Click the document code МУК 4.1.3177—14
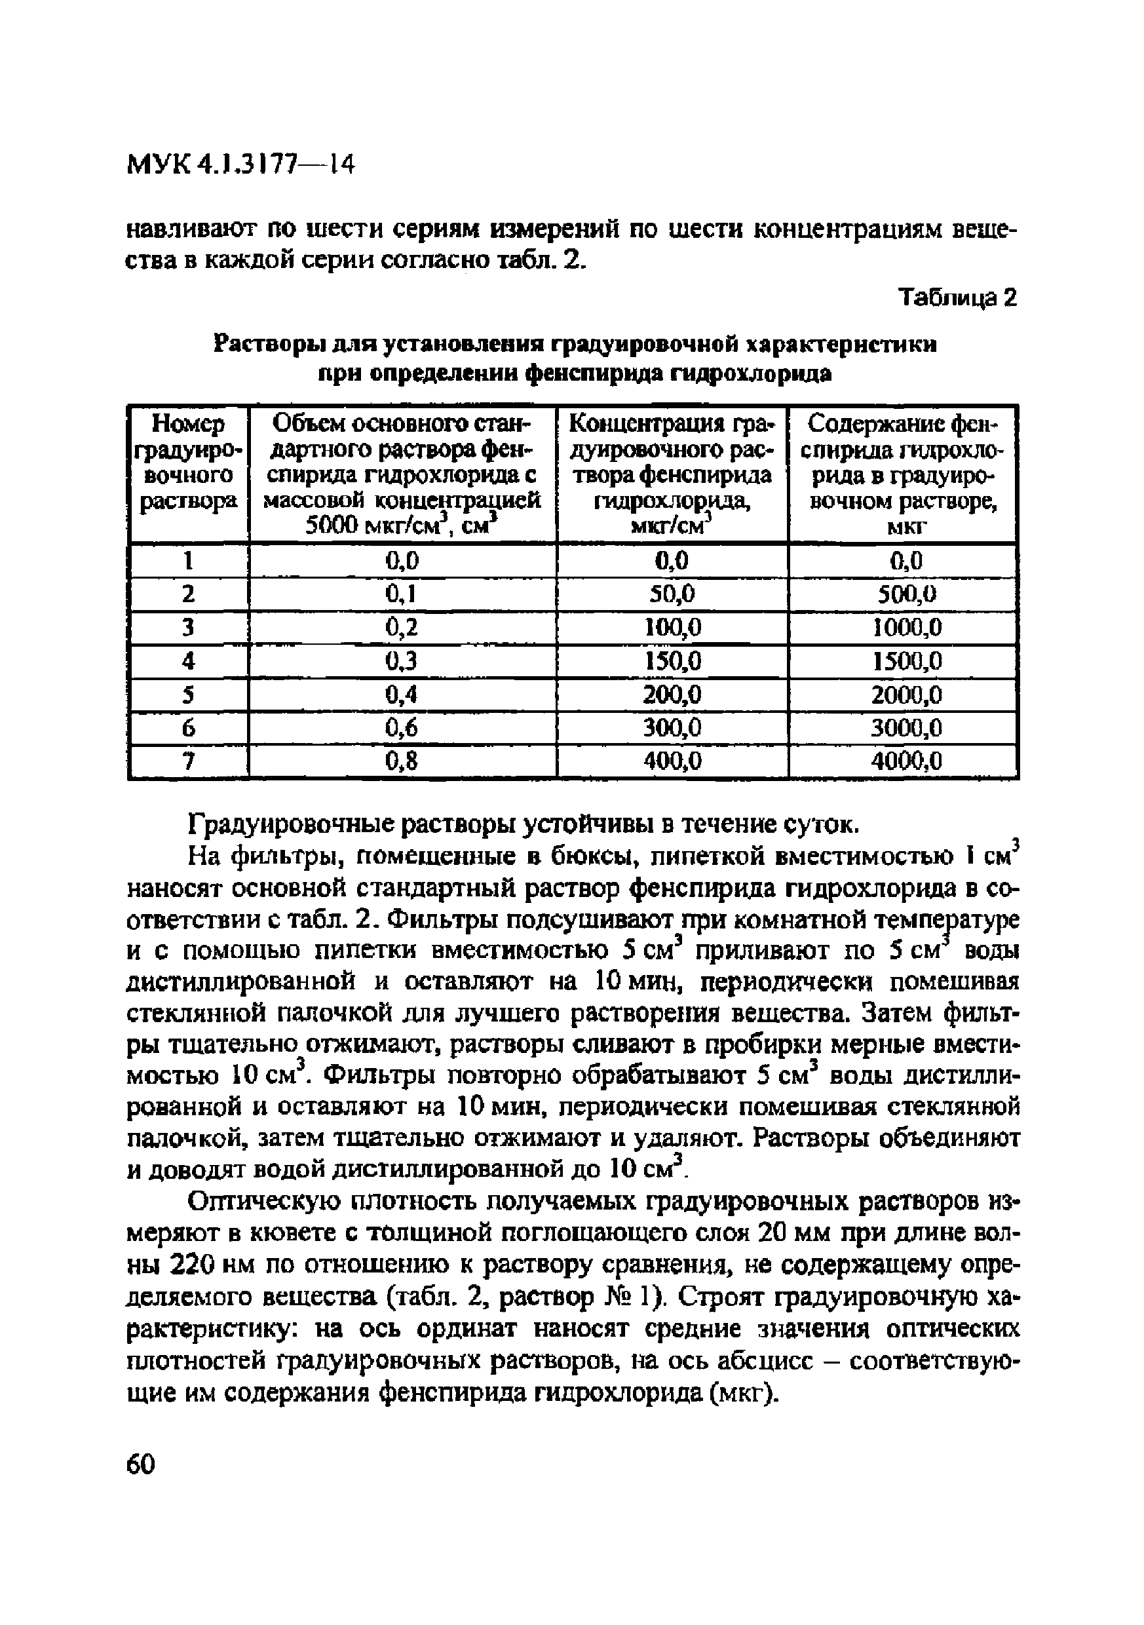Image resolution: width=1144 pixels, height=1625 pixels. tap(239, 164)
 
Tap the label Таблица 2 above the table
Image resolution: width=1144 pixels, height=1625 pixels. tap(957, 298)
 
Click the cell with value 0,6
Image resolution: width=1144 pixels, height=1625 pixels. tap(402, 727)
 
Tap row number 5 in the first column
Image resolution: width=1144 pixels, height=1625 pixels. tap(187, 695)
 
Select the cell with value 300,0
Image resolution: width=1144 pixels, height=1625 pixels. tap(672, 727)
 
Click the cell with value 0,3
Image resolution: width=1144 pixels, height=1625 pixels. tap(402, 661)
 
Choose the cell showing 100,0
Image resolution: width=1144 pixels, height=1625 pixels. tap(672, 627)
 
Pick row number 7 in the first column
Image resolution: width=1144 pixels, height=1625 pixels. tap(187, 761)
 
